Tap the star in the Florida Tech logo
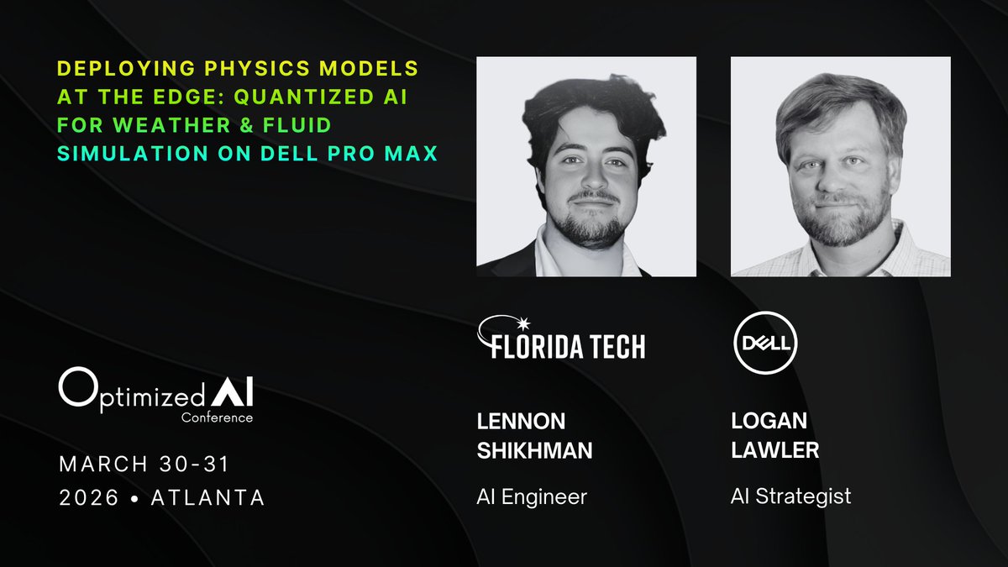click(526, 324)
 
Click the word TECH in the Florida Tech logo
click(609, 346)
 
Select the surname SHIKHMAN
click(534, 451)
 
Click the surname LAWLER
click(775, 451)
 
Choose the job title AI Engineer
click(532, 496)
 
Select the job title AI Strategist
click(790, 496)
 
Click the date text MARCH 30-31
click(144, 463)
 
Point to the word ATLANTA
click(207, 497)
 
